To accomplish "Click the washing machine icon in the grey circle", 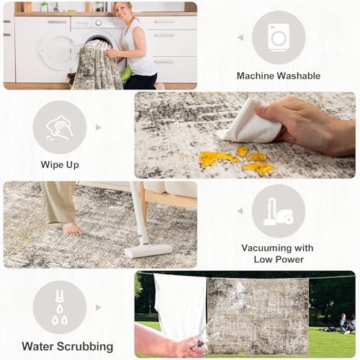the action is coord(279,37).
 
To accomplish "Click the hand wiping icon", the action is coord(60,127).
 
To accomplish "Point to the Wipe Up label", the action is coord(60,165).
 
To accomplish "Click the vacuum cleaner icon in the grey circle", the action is coord(279,212).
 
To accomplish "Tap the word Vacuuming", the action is coord(263,248).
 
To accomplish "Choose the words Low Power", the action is coord(279,259).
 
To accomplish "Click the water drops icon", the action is coord(60,307).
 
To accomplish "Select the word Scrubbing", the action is coord(85,346).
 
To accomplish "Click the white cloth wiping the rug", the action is coord(250,122).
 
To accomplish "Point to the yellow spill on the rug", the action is coord(236,161).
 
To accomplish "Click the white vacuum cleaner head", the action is coord(148,251).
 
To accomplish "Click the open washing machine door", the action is coord(58,53).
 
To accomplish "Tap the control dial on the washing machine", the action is coord(99,23).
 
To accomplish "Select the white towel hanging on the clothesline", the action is coord(180,308).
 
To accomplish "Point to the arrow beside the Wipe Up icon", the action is coord(99,127).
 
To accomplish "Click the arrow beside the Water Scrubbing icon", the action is coord(99,307).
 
